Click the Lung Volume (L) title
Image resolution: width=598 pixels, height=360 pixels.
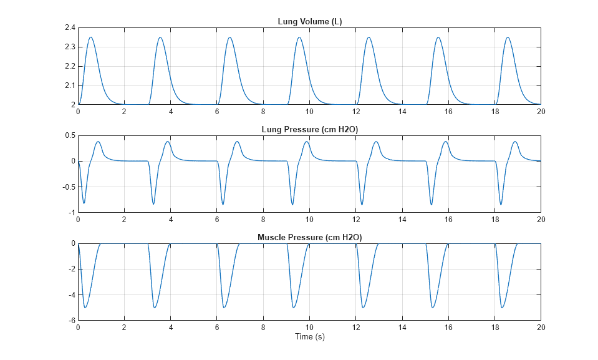309,22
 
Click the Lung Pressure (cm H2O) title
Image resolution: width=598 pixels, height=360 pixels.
309,130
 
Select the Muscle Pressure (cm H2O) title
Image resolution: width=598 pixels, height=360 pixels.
309,238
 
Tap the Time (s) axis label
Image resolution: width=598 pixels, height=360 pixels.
309,337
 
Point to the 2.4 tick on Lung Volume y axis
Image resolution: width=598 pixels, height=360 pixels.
69,28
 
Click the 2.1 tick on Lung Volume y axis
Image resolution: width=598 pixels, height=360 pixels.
69,85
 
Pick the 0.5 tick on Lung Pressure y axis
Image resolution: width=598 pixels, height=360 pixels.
69,136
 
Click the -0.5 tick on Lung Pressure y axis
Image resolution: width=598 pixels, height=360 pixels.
67,187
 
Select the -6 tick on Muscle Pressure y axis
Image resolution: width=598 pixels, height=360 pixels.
71,320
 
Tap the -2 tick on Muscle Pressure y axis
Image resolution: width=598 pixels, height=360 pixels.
71,269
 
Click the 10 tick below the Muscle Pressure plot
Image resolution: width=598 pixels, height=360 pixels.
309,327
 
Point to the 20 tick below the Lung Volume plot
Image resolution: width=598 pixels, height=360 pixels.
541,111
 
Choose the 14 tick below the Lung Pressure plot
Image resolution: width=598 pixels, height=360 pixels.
402,219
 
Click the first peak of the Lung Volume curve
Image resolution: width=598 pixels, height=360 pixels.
91,37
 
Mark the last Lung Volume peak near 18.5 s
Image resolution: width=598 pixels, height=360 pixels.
508,37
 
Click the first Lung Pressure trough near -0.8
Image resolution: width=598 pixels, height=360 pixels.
84,203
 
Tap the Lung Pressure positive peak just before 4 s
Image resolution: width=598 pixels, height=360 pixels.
168,141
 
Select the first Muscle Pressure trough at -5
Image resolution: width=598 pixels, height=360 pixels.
85,308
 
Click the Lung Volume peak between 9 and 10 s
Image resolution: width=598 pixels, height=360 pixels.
299,37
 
